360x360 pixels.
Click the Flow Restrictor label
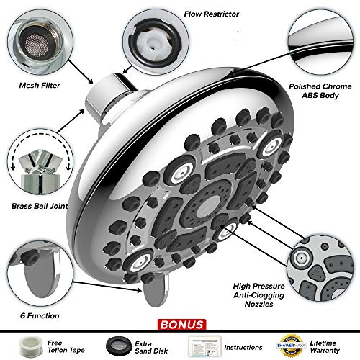point(212,14)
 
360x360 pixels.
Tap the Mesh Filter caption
point(40,86)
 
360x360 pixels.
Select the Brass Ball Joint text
point(40,206)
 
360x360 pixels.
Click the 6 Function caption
point(40,315)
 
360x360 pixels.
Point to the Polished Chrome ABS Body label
point(320,91)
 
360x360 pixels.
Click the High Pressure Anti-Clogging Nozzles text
point(258,295)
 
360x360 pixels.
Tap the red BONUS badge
point(181,325)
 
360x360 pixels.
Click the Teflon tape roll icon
point(31,346)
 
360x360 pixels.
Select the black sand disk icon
point(119,346)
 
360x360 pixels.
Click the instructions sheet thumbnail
point(204,346)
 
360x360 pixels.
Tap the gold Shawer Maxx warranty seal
point(292,346)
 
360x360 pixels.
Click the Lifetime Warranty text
point(325,346)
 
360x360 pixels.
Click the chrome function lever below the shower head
point(156,290)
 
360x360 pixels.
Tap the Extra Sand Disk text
point(151,347)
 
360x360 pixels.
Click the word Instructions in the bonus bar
point(243,347)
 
